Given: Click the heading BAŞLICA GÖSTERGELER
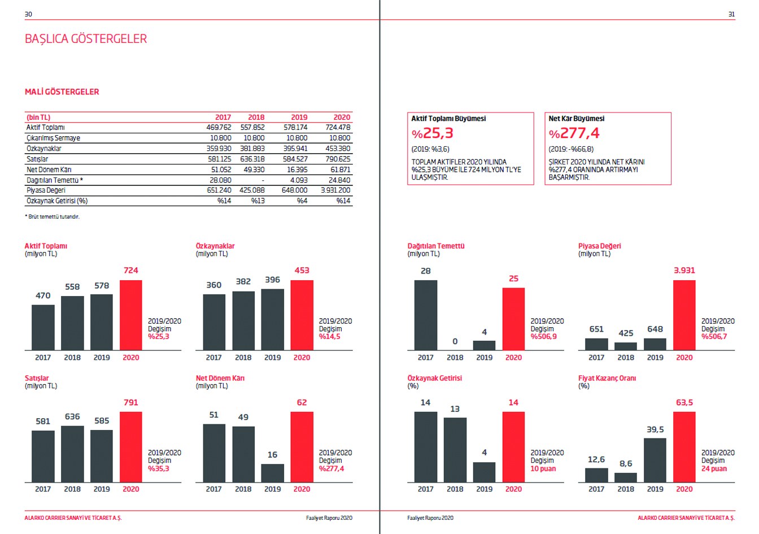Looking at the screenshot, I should point(86,39).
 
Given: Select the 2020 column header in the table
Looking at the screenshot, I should point(341,117).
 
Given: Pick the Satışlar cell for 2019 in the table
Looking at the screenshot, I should point(295,159).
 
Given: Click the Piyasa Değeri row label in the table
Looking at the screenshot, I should point(46,190).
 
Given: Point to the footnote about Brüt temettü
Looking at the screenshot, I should point(52,216).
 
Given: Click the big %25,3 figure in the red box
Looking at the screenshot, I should point(433,133).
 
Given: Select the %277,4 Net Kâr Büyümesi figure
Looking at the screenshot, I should point(574,133).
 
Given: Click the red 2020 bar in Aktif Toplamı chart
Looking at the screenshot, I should point(130,315).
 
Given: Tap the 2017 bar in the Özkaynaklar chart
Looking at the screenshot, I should point(214,322).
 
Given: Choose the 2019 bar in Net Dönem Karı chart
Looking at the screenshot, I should point(272,473).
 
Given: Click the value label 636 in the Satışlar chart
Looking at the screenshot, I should point(72,416).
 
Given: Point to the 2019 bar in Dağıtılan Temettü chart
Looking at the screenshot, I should point(484,345).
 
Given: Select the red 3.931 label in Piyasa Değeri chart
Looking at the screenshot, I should point(684,270).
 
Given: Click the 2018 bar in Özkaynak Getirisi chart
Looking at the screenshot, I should point(455,450).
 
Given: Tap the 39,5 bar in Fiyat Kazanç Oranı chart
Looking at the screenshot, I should point(655,460).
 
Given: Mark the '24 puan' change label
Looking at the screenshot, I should point(714,468).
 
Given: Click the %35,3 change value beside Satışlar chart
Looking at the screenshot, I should point(159,468).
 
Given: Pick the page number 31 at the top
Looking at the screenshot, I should point(731,14).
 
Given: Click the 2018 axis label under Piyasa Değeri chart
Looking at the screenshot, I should point(626,357).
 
